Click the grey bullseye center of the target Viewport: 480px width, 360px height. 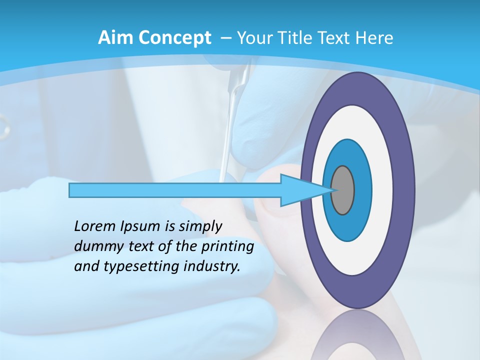tap(343, 190)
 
